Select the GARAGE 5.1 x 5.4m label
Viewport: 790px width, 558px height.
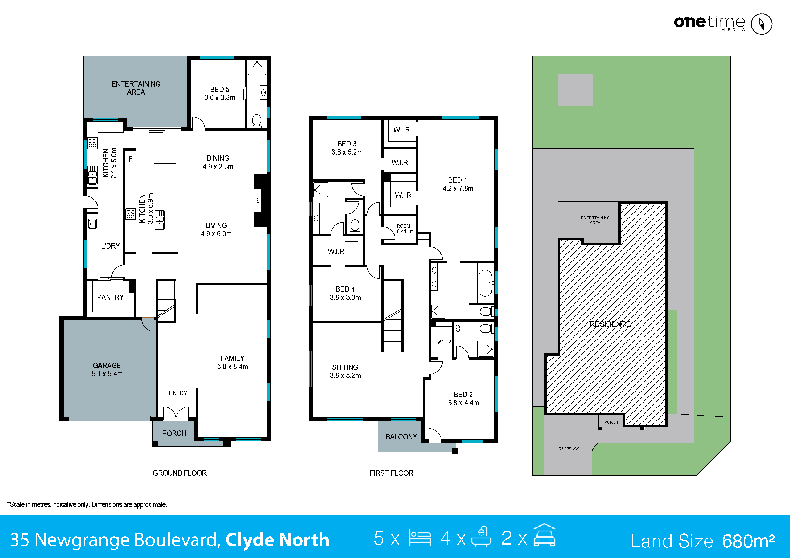pyautogui.click(x=107, y=369)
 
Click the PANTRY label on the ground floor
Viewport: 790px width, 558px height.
pyautogui.click(x=110, y=297)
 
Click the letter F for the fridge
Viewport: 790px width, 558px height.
pyautogui.click(x=130, y=159)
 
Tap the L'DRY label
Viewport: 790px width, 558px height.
pyautogui.click(x=110, y=246)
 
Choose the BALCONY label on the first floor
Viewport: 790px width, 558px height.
pyautogui.click(x=401, y=437)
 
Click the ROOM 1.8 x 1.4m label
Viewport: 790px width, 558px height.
pyautogui.click(x=403, y=229)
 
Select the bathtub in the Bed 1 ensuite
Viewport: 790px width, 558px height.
pyautogui.click(x=486, y=283)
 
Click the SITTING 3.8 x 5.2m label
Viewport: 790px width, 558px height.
pyautogui.click(x=345, y=371)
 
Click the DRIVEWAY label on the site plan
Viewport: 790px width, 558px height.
pyautogui.click(x=568, y=449)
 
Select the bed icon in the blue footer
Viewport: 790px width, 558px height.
pyautogui.click(x=420, y=538)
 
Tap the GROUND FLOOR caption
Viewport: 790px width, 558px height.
pyautogui.click(x=180, y=473)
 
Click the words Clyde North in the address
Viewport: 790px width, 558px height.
pyautogui.click(x=277, y=539)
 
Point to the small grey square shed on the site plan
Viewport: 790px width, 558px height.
pyautogui.click(x=575, y=90)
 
